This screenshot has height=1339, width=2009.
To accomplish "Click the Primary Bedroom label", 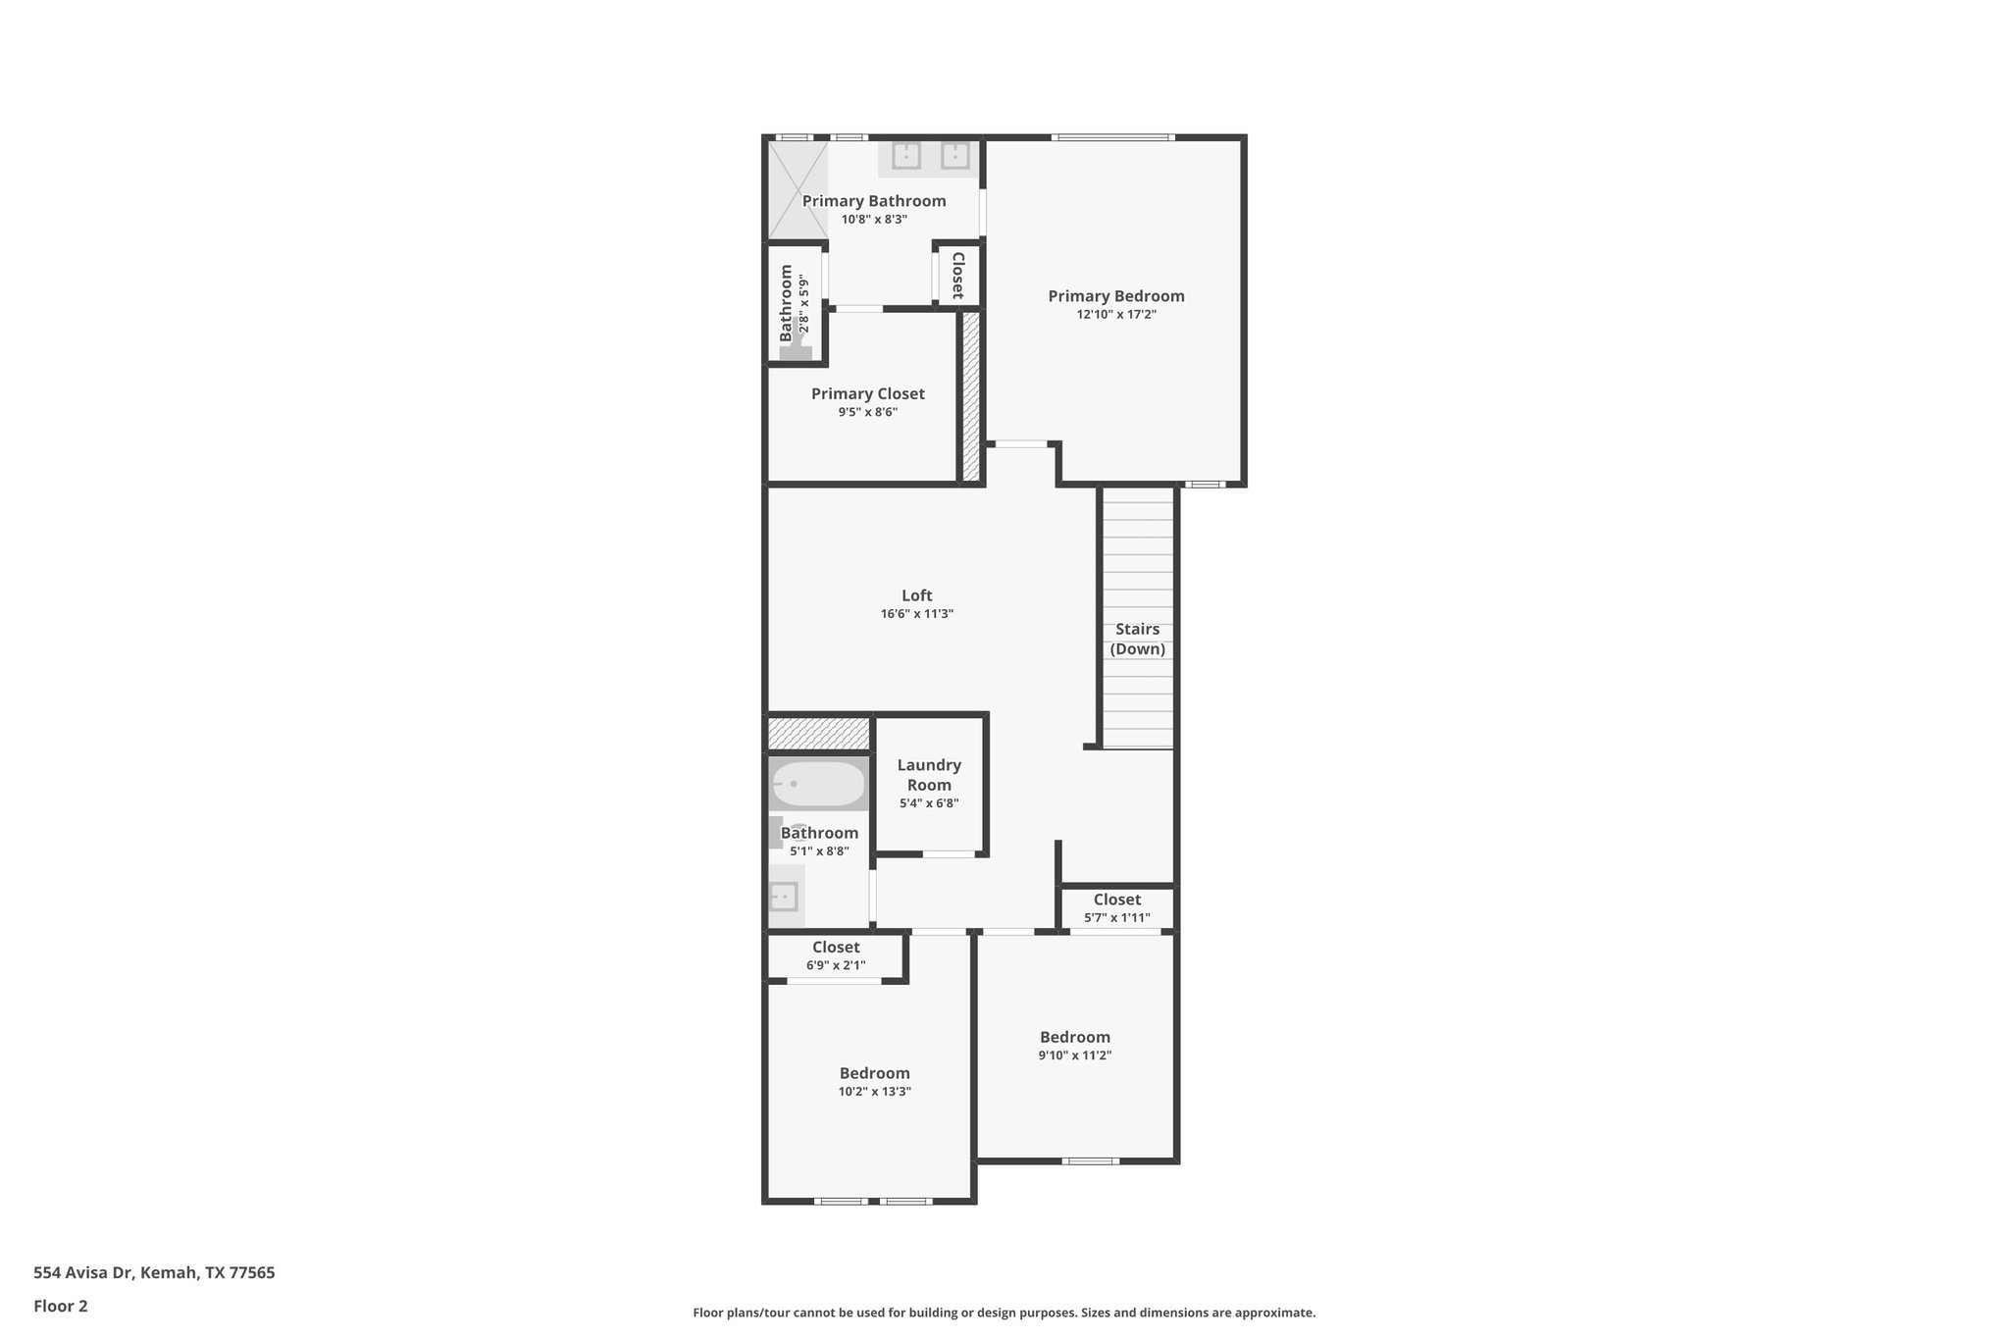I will pos(1115,296).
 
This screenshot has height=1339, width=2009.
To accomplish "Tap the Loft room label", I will pos(916,595).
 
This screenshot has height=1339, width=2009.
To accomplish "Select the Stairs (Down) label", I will pos(1137,639).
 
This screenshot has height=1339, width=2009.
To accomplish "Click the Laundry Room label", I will pos(929,775).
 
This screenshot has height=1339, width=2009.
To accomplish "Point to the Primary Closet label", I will pos(867,393).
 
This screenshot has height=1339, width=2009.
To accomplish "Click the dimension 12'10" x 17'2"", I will pos(1115,315).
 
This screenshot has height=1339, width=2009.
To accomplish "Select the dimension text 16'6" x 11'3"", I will pos(916,614).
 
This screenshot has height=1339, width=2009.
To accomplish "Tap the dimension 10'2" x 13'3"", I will pos(874,1091).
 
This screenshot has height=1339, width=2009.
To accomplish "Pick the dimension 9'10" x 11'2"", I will pos(1074,1056).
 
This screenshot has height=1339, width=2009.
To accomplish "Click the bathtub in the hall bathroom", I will pos(818,784).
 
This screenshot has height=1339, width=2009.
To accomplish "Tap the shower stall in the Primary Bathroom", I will pos(797,190).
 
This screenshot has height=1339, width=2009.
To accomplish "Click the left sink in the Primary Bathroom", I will pos(905,156).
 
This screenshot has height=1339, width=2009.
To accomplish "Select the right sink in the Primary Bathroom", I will pos(954,156).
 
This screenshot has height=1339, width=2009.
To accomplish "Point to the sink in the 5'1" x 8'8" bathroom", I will pos(784,896).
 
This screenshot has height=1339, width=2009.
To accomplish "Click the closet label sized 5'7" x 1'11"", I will pos(1116,900).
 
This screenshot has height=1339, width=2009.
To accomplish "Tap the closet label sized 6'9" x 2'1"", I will pos(836,948).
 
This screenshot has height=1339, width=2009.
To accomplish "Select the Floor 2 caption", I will pos(61,1306).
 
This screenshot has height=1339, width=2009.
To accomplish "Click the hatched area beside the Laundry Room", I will pos(818,734).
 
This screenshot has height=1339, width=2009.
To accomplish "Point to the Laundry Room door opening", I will pos(949,854).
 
